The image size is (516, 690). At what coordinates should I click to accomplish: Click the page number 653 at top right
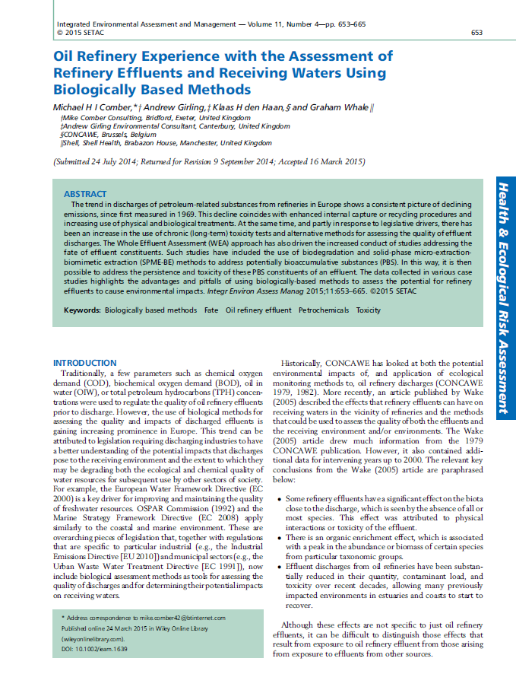476,33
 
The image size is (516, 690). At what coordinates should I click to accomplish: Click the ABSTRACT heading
85,195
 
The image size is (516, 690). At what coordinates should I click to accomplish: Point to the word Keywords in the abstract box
82,310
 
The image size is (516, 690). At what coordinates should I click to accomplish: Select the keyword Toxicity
369,310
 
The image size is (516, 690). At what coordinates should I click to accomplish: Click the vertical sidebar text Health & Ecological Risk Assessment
502,297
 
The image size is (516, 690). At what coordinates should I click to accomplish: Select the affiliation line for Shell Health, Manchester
165,143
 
